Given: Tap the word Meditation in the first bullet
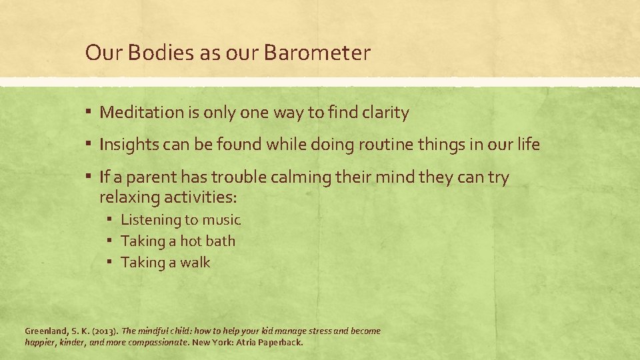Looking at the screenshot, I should (x=142, y=113).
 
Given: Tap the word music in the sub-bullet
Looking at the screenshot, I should (x=222, y=219).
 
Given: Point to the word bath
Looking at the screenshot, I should (x=219, y=241).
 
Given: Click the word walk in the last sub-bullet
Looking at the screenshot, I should (x=194, y=262).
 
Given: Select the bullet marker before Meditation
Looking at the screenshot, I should (x=89, y=113).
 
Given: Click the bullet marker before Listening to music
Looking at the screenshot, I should (x=110, y=219).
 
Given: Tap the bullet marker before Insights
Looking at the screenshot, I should (x=89, y=145).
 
